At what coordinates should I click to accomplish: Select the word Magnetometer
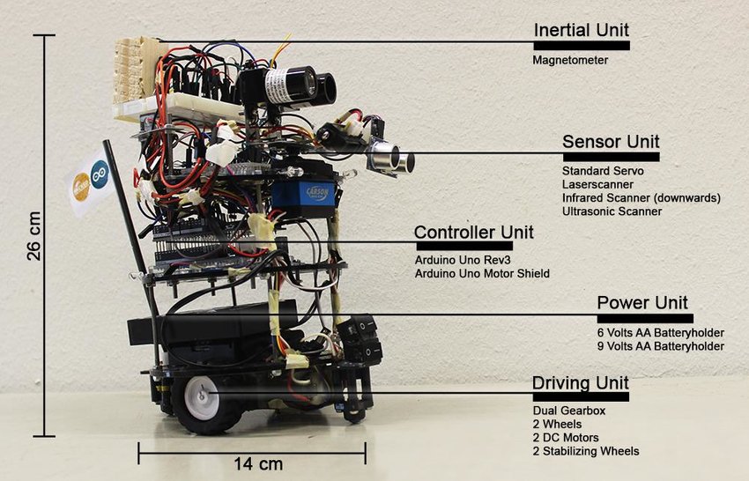point(570,60)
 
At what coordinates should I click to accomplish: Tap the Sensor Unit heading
point(610,142)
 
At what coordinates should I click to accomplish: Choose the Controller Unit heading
point(473,233)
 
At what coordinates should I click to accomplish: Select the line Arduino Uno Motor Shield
point(481,274)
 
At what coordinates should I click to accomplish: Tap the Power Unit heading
point(641,303)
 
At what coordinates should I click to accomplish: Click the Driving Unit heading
point(580,383)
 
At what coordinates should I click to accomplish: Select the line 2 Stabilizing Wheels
point(586,451)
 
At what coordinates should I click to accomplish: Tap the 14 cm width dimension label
point(252,463)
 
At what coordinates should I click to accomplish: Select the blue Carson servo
point(303,193)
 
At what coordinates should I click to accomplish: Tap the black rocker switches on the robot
point(361,339)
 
